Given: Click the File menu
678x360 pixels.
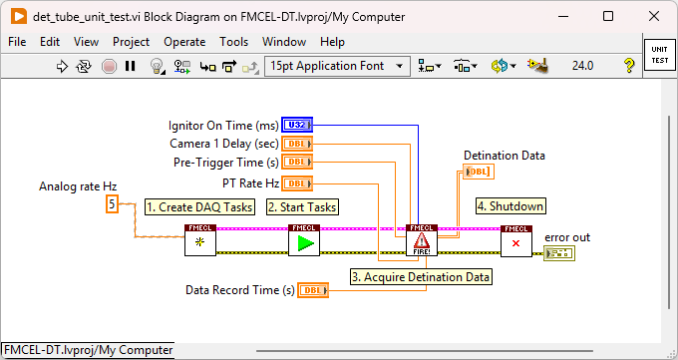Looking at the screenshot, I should (x=17, y=42).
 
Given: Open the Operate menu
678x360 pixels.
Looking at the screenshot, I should (x=184, y=42).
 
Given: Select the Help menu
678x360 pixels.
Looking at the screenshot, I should (x=333, y=42).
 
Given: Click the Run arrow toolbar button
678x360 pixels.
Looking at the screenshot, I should (x=61, y=66).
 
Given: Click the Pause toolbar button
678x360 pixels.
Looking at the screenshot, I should (x=131, y=66).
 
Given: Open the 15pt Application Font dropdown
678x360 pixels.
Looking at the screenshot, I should (x=338, y=66).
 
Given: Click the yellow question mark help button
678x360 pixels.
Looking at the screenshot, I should (x=629, y=66).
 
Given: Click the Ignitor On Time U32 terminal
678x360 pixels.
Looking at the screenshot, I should (x=296, y=125).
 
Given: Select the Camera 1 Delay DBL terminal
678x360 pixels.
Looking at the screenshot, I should (x=297, y=144).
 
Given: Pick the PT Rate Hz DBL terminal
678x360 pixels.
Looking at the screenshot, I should (x=297, y=182).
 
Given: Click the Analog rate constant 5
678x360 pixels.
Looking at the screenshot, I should (x=113, y=204).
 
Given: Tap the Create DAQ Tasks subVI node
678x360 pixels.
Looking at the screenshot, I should (x=199, y=240).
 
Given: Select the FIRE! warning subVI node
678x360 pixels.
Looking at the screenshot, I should (x=422, y=240).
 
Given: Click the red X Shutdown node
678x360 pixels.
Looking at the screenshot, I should (x=516, y=240).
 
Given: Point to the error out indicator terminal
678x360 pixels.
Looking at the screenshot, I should (x=558, y=253).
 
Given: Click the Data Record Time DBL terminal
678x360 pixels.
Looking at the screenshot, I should (x=313, y=290).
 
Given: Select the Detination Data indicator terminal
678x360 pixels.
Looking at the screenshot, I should (x=478, y=172).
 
